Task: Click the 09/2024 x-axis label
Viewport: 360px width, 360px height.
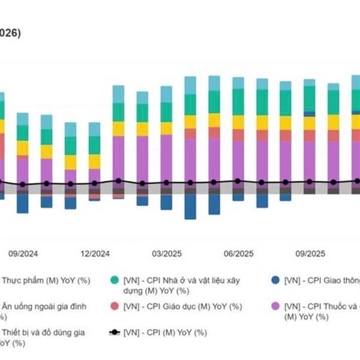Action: coord(23,254)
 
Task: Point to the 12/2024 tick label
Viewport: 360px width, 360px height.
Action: coord(95,254)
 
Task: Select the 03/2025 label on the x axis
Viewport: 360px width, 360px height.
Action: coord(166,254)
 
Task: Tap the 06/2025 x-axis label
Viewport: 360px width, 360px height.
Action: coord(238,254)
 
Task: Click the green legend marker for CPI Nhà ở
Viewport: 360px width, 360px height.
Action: coord(114,280)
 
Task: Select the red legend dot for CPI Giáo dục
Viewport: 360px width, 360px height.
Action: coord(114,307)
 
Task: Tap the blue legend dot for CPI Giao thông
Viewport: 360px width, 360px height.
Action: coord(275,280)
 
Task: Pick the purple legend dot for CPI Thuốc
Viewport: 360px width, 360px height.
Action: coord(275,307)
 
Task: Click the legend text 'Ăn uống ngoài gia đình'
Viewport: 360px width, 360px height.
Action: coord(45,306)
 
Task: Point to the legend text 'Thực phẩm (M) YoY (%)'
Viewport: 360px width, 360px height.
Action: coord(45,280)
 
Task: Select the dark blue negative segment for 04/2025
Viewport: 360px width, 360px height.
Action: coord(190,207)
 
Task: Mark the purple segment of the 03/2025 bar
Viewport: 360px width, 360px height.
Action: coord(166,159)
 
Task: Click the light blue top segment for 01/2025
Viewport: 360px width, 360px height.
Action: coord(118,94)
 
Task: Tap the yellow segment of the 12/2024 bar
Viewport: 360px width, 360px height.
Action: coord(94,161)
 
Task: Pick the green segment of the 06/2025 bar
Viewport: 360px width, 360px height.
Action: coord(238,102)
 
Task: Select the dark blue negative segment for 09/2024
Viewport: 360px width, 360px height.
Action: coord(23,203)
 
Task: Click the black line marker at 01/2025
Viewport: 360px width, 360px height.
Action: coord(118,180)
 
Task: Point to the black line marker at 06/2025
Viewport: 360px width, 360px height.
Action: coord(238,181)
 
